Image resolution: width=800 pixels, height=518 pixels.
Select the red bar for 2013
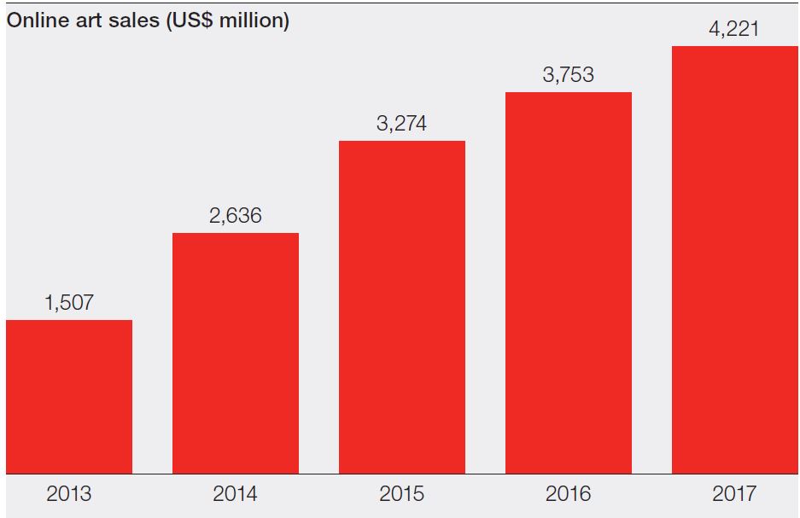(69, 397)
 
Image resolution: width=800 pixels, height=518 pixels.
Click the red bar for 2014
(236, 353)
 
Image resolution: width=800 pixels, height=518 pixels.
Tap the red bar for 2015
(402, 307)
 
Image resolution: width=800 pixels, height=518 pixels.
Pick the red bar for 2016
(569, 282)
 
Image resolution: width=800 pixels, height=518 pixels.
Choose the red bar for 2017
(735, 259)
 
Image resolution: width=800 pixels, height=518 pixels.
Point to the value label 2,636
(236, 215)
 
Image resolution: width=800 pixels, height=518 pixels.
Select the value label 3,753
(569, 75)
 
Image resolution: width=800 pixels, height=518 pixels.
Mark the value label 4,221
(735, 29)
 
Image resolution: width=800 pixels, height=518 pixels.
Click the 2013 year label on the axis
(69, 493)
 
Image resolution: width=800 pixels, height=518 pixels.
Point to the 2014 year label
(236, 493)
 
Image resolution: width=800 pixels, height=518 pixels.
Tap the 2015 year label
(402, 493)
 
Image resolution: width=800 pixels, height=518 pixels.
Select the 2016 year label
(569, 493)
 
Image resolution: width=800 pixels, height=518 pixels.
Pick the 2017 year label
(735, 493)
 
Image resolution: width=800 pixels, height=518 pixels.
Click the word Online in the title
(35, 21)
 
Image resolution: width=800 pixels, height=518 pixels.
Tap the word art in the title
(84, 21)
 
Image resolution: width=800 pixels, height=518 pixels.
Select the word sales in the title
(128, 21)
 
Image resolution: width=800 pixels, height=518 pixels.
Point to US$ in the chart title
(186, 21)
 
